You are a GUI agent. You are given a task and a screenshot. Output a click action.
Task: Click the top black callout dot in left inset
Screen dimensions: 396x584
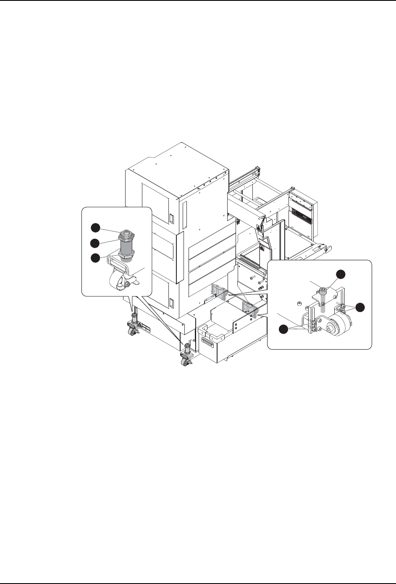tap(96, 227)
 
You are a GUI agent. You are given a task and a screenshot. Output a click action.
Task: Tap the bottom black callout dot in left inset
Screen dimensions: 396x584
tap(96, 258)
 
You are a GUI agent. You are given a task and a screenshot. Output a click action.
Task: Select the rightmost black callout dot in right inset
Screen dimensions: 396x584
tap(360, 307)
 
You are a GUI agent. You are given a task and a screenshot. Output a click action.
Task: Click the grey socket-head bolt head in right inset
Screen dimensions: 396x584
tap(323, 290)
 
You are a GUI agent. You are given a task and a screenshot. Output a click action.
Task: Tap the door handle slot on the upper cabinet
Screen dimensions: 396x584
tap(171, 219)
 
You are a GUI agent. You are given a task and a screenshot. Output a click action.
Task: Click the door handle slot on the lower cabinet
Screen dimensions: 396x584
tap(171, 301)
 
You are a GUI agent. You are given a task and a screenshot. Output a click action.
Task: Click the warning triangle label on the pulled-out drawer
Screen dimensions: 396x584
tap(259, 229)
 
